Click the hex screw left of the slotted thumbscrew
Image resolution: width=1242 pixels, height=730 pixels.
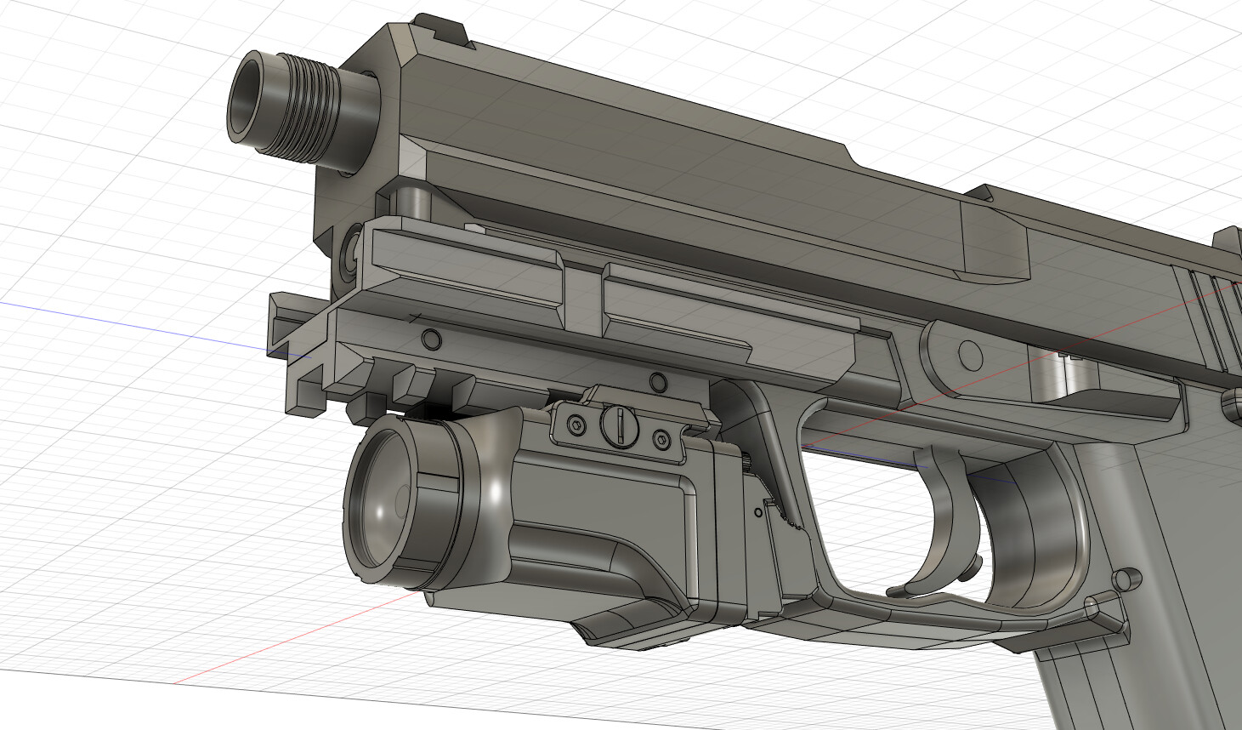point(576,425)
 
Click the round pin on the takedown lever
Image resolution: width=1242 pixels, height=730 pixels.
point(969,351)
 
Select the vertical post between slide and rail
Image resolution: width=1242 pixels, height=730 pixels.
point(416,201)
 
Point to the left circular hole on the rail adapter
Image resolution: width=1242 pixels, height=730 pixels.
point(432,340)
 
